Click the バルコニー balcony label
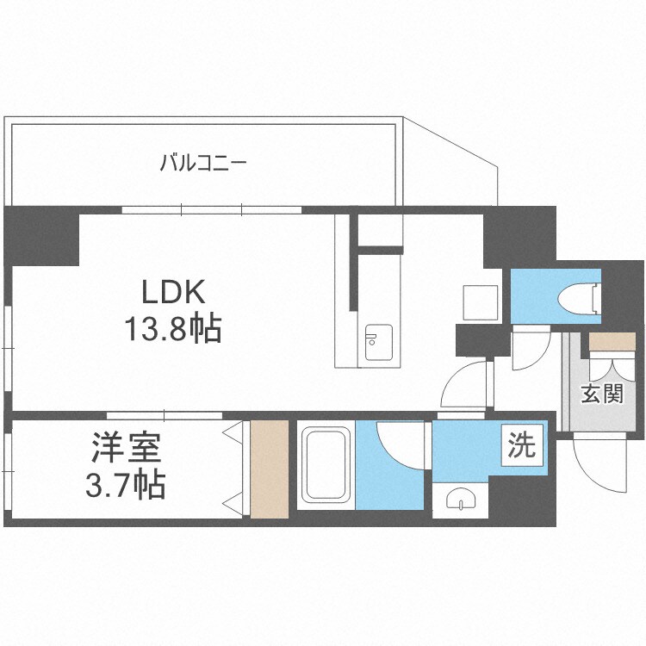[204, 161]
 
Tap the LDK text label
[173, 294]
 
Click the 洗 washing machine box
[521, 445]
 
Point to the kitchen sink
[378, 342]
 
